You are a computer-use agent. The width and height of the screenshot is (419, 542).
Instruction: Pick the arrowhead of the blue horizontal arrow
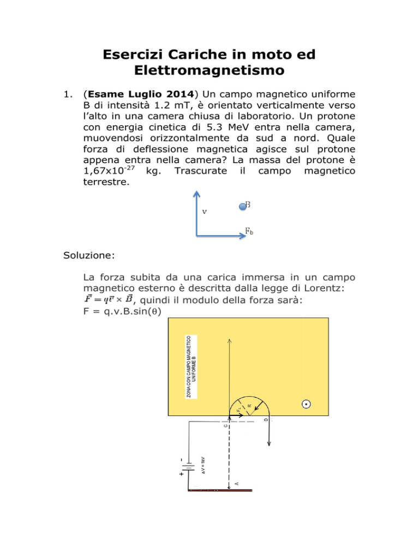[242, 236]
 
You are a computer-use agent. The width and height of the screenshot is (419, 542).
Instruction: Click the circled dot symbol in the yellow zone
[307, 404]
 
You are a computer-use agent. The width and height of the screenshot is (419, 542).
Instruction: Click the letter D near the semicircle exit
[266, 420]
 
